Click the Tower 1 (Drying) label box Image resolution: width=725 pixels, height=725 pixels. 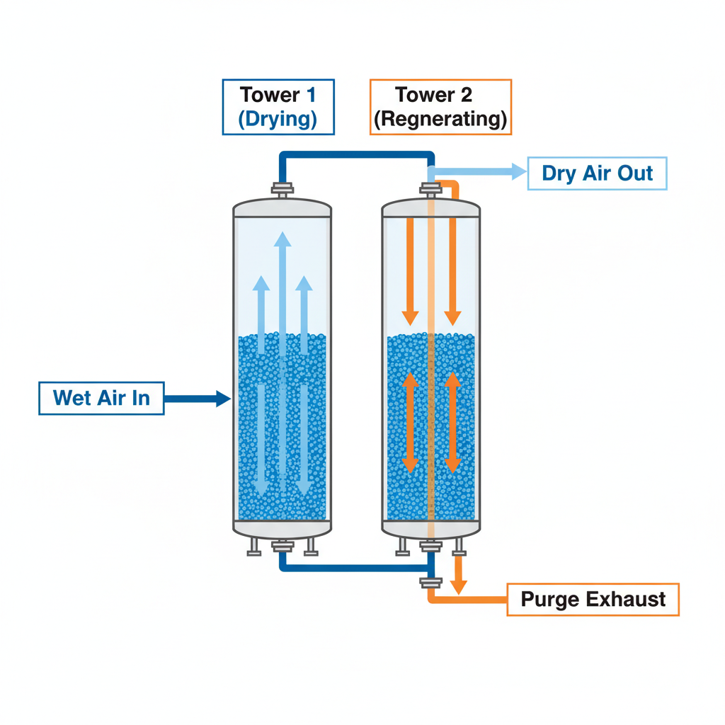[278, 106]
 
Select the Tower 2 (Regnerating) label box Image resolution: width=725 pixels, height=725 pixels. [440, 106]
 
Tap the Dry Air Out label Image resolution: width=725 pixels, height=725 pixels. [597, 173]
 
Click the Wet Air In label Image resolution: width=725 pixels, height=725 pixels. [101, 398]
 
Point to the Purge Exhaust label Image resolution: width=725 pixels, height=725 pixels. [593, 600]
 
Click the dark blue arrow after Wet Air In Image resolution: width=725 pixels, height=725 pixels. [198, 399]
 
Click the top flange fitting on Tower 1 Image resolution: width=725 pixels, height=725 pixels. [282, 189]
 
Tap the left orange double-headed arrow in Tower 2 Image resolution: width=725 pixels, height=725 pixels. [409, 423]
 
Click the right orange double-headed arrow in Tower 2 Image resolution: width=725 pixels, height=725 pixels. [453, 423]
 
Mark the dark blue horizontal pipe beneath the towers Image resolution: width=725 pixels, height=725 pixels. [354, 566]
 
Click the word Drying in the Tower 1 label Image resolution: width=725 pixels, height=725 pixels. [278, 119]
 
